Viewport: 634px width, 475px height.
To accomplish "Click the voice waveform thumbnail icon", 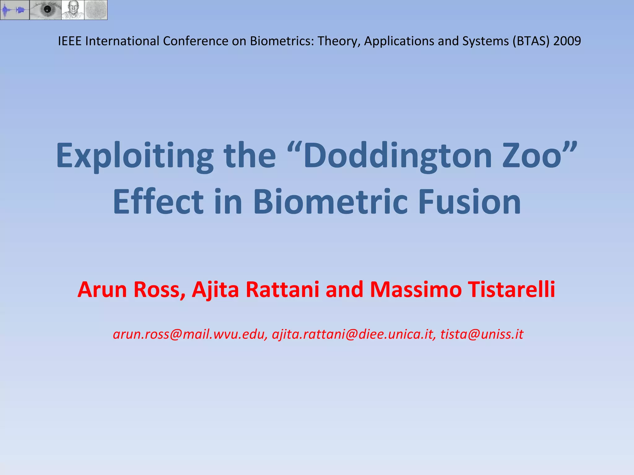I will [x=15, y=10].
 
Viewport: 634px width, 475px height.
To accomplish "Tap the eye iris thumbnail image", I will [x=46, y=10].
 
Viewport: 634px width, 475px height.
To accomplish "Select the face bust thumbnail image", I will [x=73, y=10].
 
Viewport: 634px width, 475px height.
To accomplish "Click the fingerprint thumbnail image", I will [x=96, y=10].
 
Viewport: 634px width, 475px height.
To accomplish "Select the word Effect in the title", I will [x=158, y=202].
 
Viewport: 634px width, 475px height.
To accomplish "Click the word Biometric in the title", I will [x=330, y=202].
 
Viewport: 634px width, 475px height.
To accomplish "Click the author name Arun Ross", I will [x=131, y=290].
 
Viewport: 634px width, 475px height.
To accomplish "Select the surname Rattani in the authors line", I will [x=282, y=290].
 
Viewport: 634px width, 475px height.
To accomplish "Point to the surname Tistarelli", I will [x=511, y=290].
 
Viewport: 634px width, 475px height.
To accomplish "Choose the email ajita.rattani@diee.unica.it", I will [x=354, y=334].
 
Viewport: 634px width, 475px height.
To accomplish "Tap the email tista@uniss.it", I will [x=482, y=334].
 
